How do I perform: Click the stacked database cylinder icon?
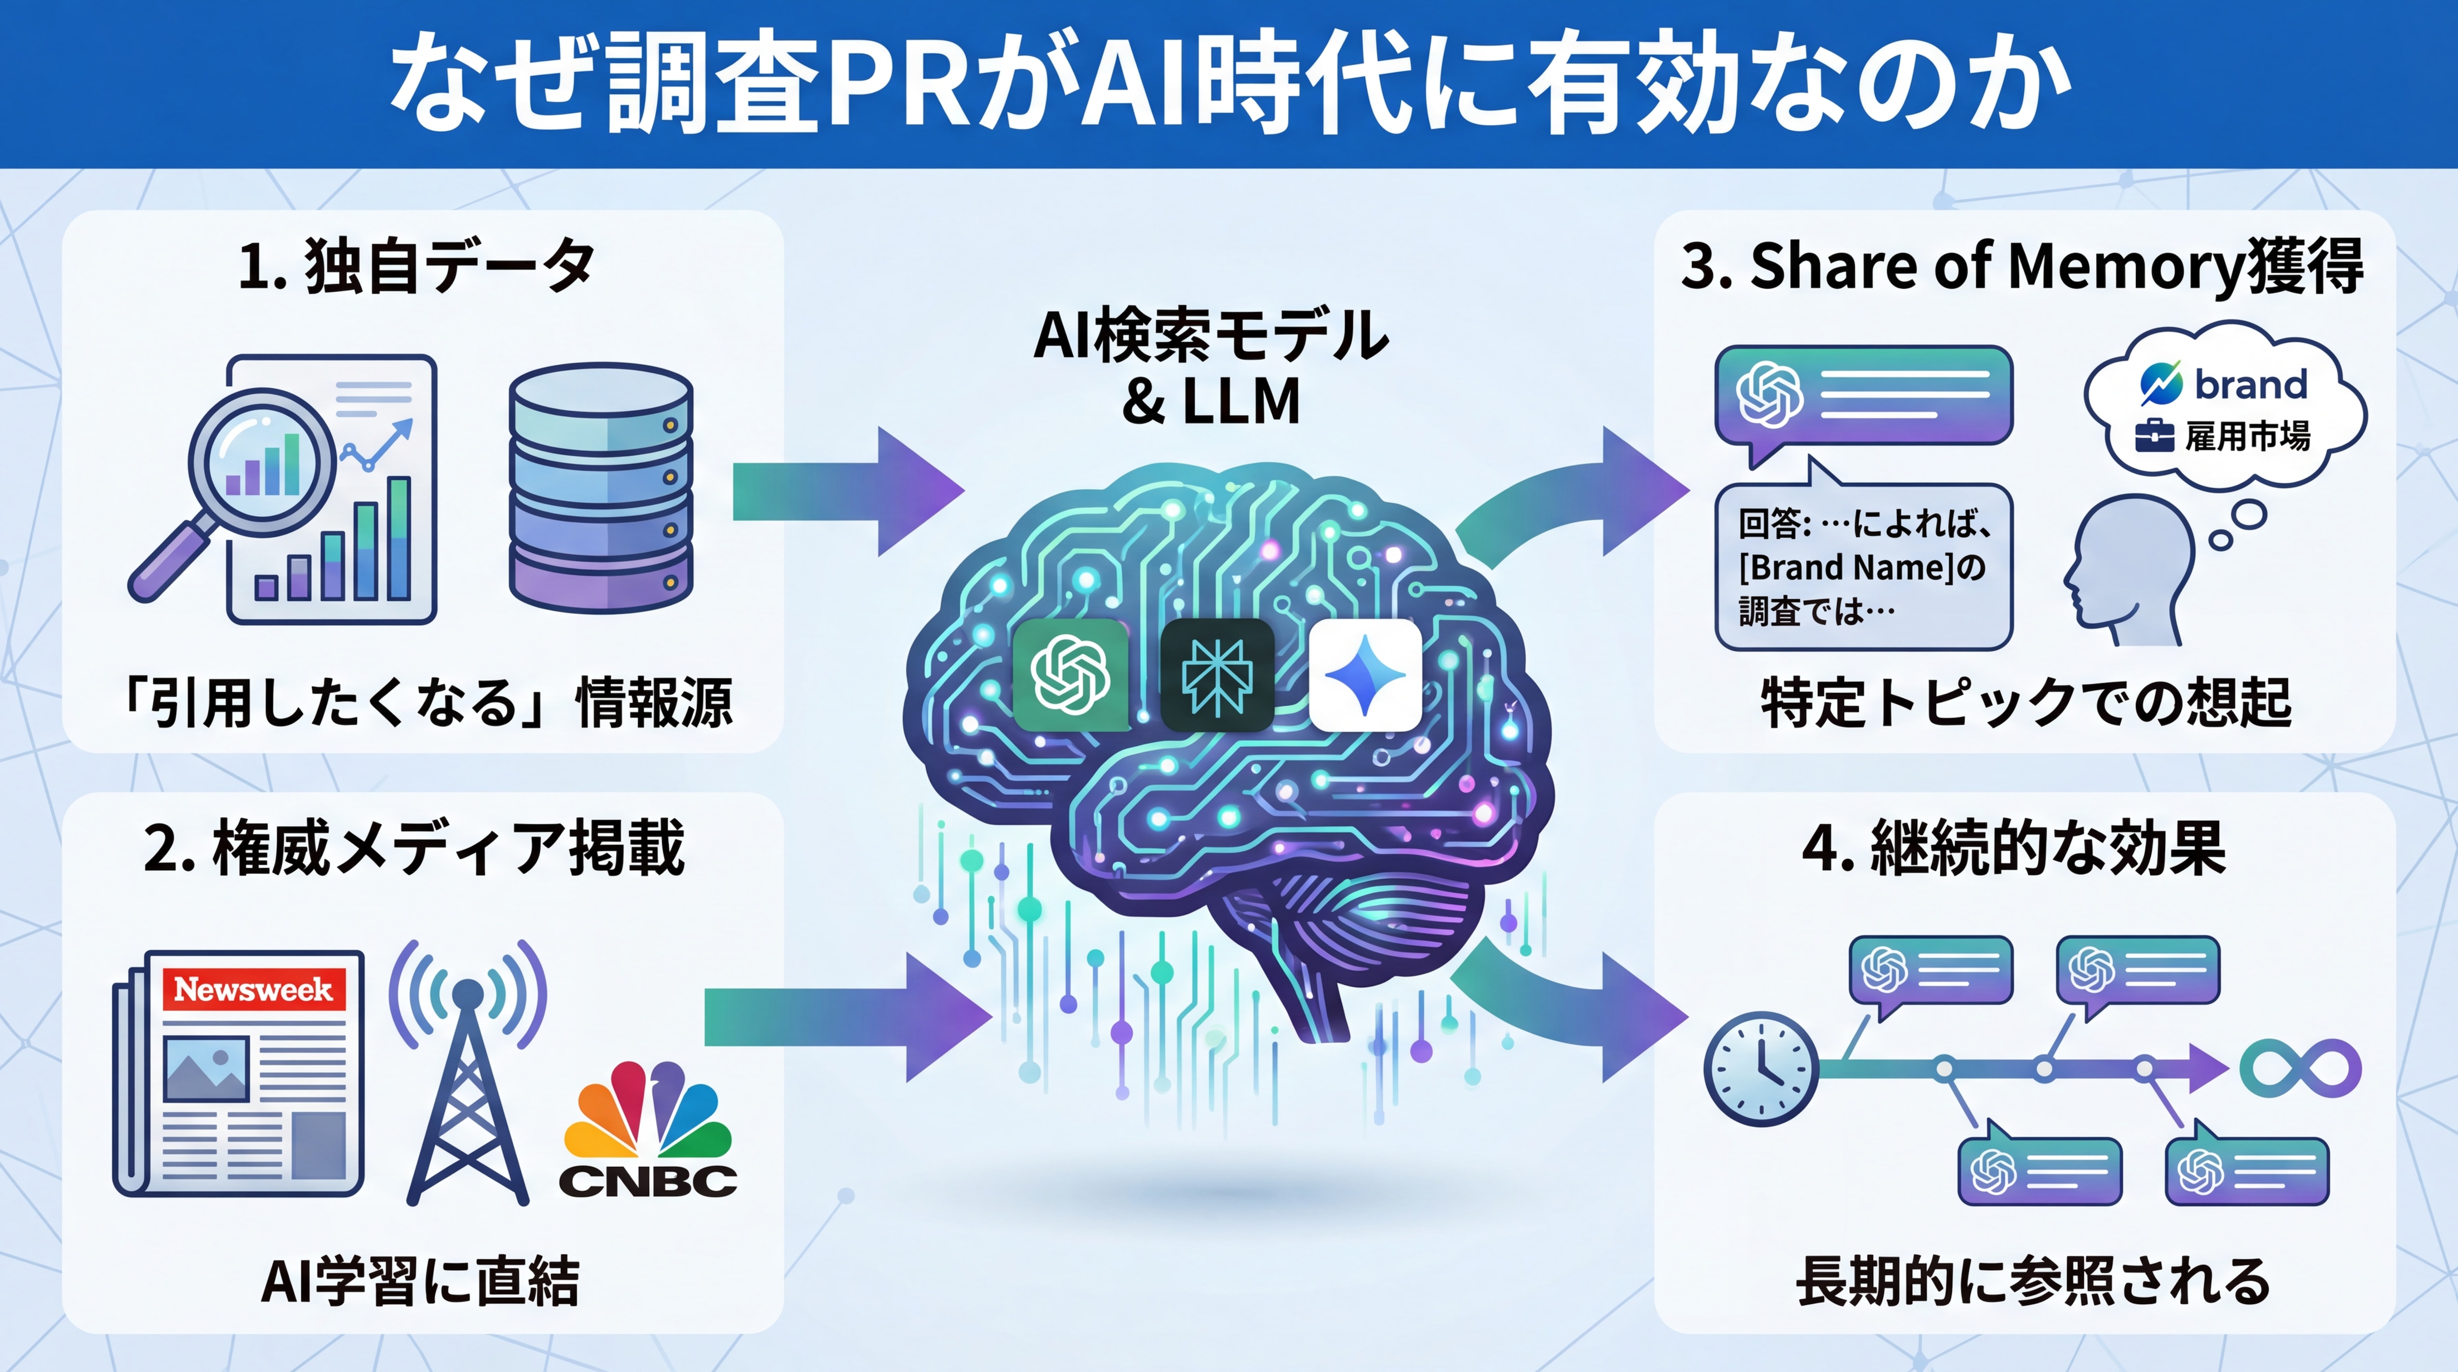(601, 487)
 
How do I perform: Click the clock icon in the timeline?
(1760, 1069)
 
